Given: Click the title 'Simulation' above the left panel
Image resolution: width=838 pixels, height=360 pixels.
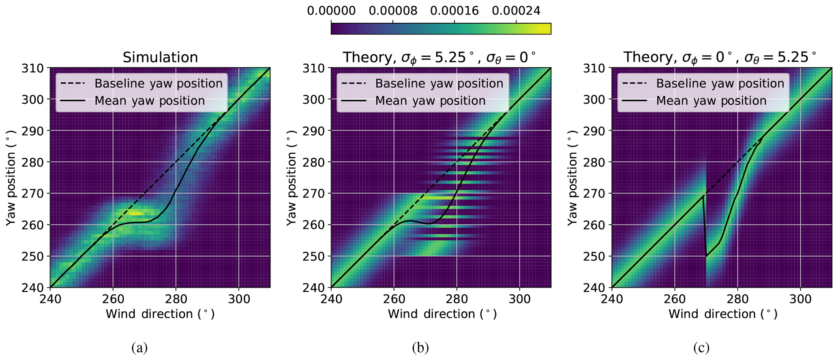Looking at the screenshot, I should pos(160,57).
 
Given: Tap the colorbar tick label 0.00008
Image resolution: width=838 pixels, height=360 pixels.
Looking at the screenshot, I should pos(392,11).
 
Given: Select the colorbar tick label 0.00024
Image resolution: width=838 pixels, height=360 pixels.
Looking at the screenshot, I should pos(516,11).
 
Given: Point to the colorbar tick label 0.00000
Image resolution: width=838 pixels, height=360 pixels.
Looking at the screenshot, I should pos(331,11).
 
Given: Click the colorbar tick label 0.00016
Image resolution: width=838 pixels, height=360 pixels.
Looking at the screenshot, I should pos(454,11).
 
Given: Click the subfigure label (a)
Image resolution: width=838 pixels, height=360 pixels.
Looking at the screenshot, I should pos(139,347).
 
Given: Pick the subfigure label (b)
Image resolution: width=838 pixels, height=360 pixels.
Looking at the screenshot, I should pos(420,347).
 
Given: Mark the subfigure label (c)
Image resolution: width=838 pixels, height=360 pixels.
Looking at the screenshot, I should pos(701,347).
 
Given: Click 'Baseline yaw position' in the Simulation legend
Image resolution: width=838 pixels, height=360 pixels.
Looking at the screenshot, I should pos(159,84).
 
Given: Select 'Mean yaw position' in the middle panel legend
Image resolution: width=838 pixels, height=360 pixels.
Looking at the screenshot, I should pos(430,101).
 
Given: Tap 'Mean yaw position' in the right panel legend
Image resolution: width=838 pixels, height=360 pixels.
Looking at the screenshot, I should pos(711,101).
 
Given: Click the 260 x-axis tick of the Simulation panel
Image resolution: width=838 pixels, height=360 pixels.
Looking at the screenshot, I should pos(113,299).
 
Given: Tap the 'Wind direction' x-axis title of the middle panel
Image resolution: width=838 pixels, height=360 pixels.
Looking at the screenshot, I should pos(442,314).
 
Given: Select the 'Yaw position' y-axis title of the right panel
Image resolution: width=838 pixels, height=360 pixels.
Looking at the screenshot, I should pos(572,178).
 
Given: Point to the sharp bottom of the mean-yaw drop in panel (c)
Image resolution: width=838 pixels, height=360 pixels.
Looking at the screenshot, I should pos(706,256).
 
